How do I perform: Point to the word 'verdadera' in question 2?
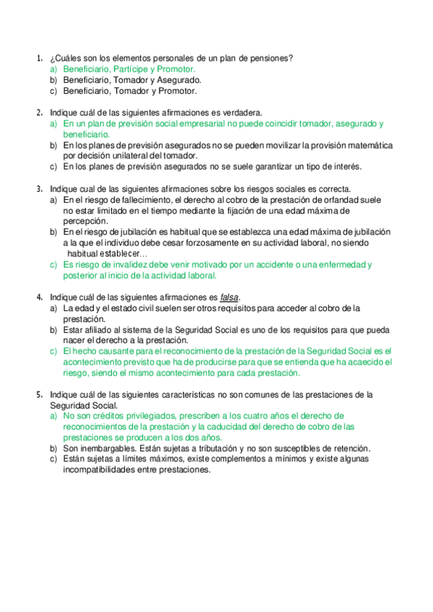pyautogui.click(x=241, y=113)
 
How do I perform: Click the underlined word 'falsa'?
pyautogui.click(x=229, y=297)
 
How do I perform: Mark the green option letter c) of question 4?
pyautogui.click(x=53, y=351)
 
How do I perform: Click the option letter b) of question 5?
pyautogui.click(x=53, y=448)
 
